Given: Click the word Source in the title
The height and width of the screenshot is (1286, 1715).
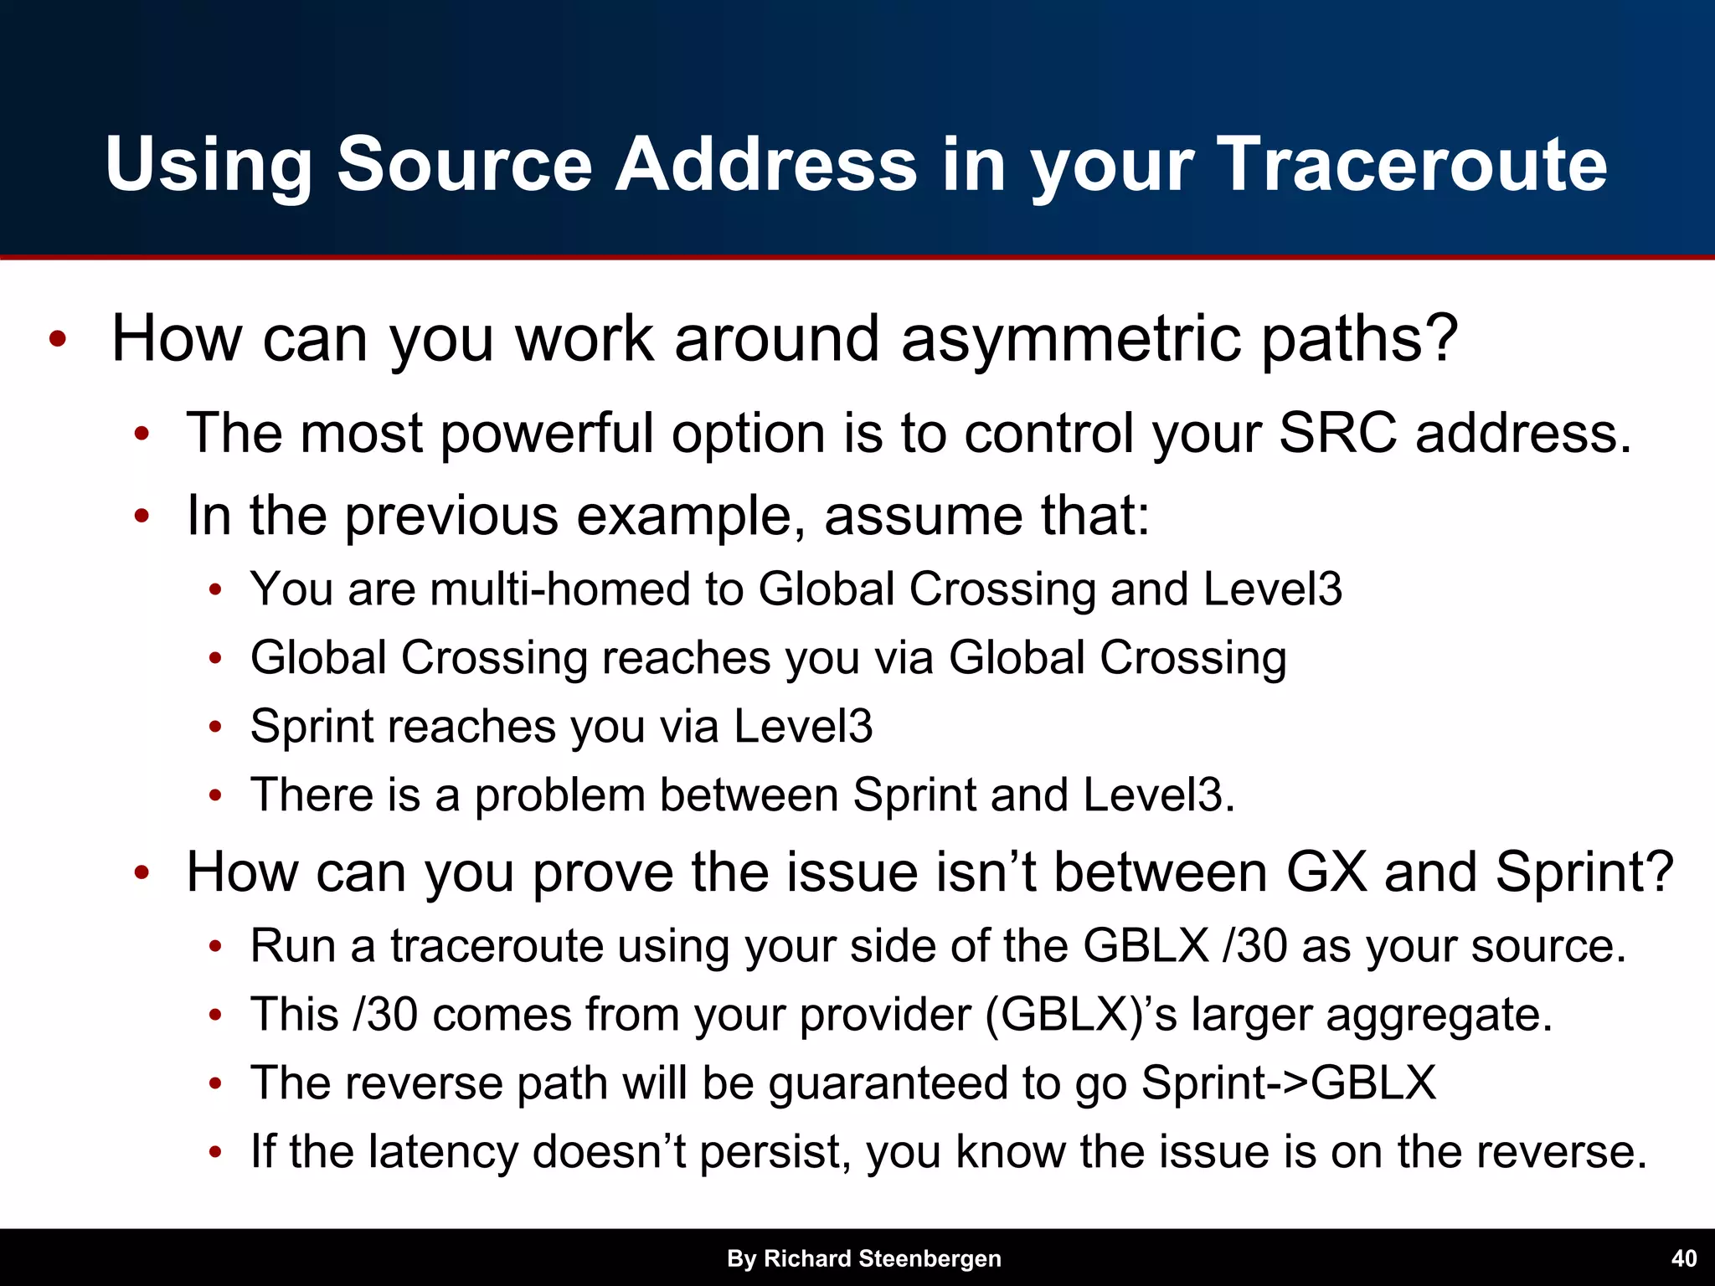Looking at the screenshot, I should [465, 164].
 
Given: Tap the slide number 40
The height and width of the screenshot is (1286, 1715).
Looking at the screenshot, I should [1683, 1258].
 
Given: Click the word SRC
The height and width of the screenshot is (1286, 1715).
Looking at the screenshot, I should [1337, 433].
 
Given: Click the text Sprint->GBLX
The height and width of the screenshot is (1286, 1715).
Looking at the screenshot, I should [1288, 1083].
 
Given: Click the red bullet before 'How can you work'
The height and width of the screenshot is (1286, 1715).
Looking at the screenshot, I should [57, 340].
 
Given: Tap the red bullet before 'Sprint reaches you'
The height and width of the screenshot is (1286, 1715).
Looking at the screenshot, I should [215, 727].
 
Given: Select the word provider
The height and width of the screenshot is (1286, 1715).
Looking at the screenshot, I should [885, 1016].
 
